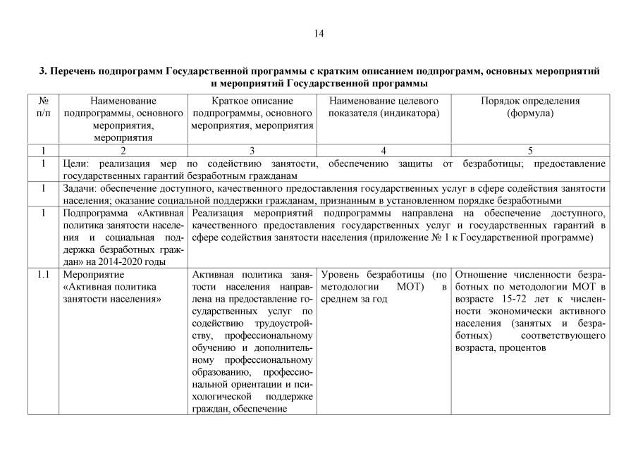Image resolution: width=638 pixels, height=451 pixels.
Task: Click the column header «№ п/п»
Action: pyautogui.click(x=44, y=107)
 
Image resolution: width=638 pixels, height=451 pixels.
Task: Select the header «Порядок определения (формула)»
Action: pyautogui.click(x=529, y=107)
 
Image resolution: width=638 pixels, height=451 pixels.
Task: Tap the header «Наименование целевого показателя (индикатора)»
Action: pyautogui.click(x=384, y=107)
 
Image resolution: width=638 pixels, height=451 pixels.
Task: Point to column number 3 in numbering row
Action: pyautogui.click(x=252, y=150)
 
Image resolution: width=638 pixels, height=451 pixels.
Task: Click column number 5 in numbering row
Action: pyautogui.click(x=529, y=150)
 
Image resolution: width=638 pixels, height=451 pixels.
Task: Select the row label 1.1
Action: pyautogui.click(x=44, y=273)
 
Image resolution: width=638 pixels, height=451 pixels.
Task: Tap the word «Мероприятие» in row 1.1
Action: pyautogui.click(x=94, y=273)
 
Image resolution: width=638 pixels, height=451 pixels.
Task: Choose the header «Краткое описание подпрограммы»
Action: pyautogui.click(x=252, y=107)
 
